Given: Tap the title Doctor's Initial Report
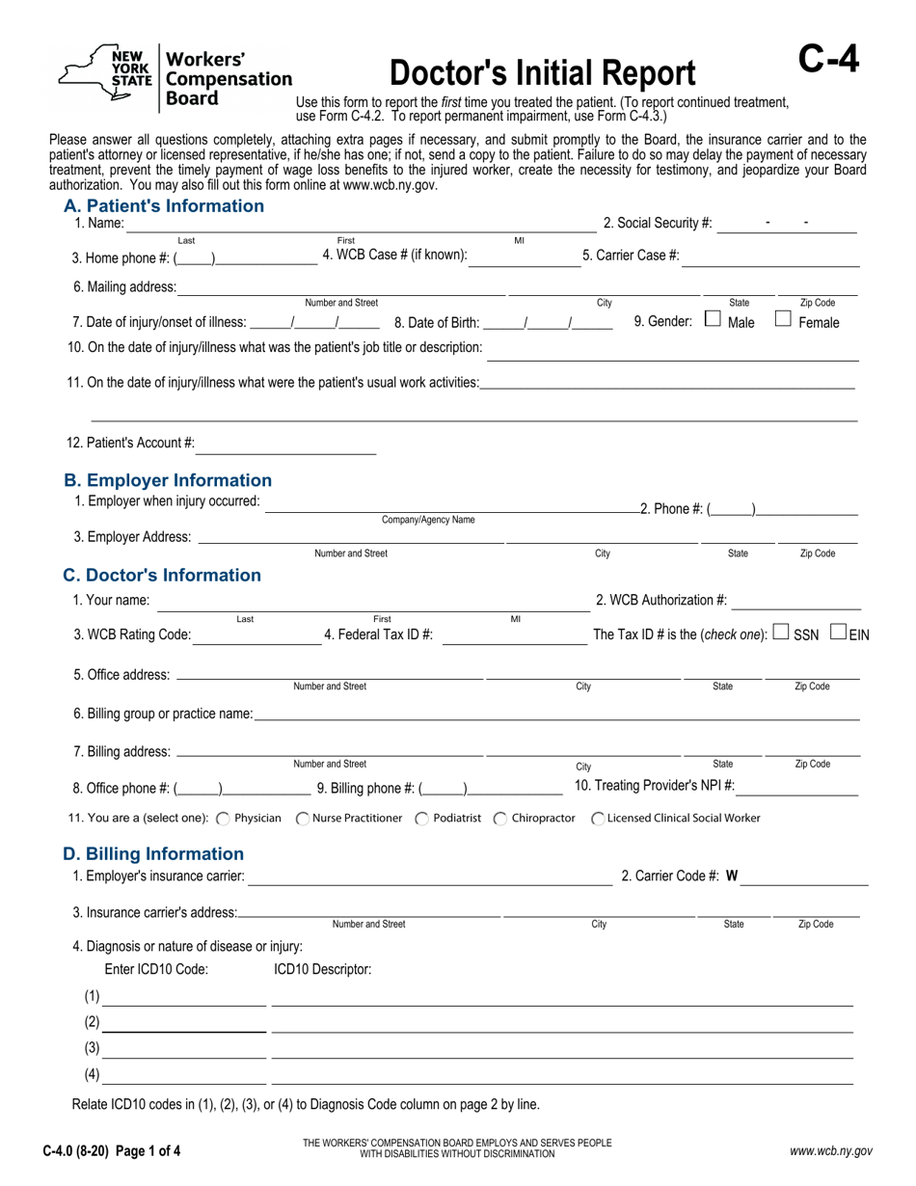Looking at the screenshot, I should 542,74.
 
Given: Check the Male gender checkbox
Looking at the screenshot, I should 713,319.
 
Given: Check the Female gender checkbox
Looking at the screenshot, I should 784,319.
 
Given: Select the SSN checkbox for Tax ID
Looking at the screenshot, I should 781,633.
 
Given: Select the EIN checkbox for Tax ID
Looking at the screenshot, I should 838,633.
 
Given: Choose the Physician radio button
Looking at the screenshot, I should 223,819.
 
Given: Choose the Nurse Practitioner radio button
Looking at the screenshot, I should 302,819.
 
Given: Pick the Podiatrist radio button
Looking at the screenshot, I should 422,819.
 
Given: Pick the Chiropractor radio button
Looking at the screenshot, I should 499,819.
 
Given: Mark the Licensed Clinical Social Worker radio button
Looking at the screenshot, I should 598,819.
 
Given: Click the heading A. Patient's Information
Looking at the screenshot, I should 163,205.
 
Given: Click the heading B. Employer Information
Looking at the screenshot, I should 168,480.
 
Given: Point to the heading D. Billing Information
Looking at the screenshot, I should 153,853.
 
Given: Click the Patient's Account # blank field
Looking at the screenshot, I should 286,445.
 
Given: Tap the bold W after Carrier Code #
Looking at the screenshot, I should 732,876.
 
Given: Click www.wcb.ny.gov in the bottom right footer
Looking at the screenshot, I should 830,1150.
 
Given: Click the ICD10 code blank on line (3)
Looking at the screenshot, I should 183,1049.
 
